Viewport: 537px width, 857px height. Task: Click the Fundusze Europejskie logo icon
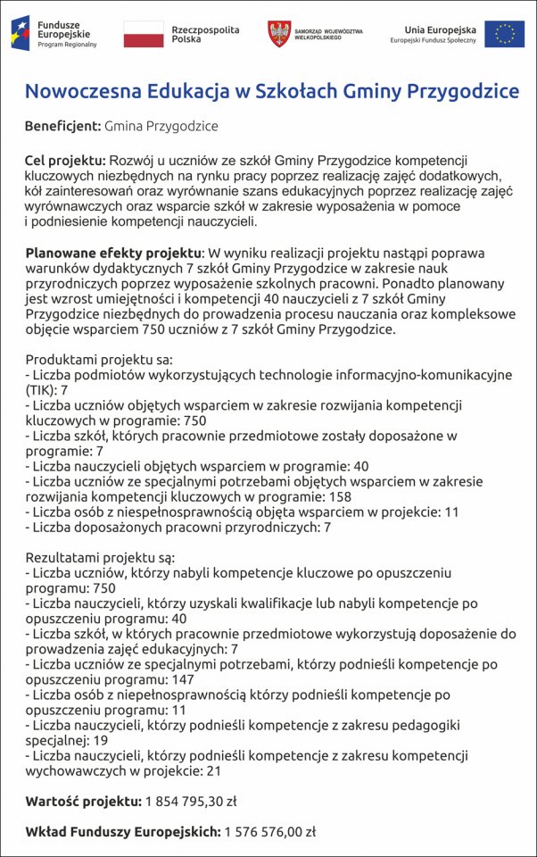(x=21, y=33)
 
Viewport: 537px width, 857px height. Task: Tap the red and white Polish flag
(x=143, y=34)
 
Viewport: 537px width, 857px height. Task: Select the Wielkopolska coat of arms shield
(x=279, y=34)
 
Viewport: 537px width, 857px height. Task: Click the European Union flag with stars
(x=505, y=34)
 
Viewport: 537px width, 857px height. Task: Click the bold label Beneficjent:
(x=62, y=127)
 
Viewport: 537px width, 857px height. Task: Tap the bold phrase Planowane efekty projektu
(x=114, y=253)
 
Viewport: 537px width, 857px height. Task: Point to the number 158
(x=339, y=497)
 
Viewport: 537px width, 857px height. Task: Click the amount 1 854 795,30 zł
(x=191, y=801)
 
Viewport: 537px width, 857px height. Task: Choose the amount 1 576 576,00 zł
(x=270, y=831)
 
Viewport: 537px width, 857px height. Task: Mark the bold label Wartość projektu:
(x=83, y=801)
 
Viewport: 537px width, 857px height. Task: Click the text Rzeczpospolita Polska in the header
(x=205, y=35)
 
